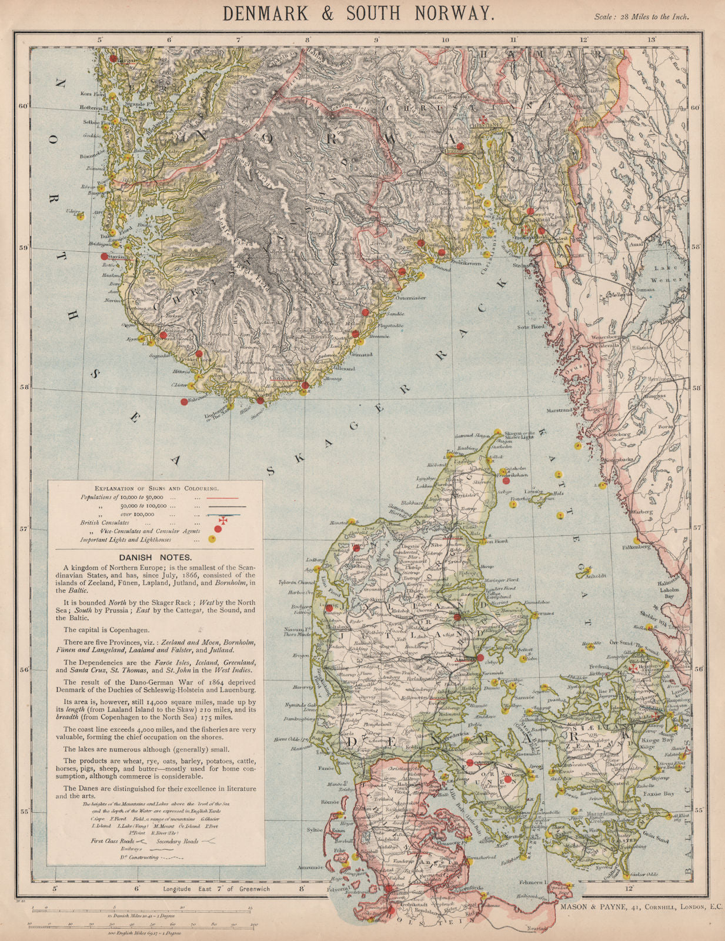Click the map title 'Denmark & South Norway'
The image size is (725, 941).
(358, 13)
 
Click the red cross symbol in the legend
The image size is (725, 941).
(223, 520)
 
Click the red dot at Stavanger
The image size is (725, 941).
(104, 256)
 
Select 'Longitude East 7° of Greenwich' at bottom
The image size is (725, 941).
(216, 889)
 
